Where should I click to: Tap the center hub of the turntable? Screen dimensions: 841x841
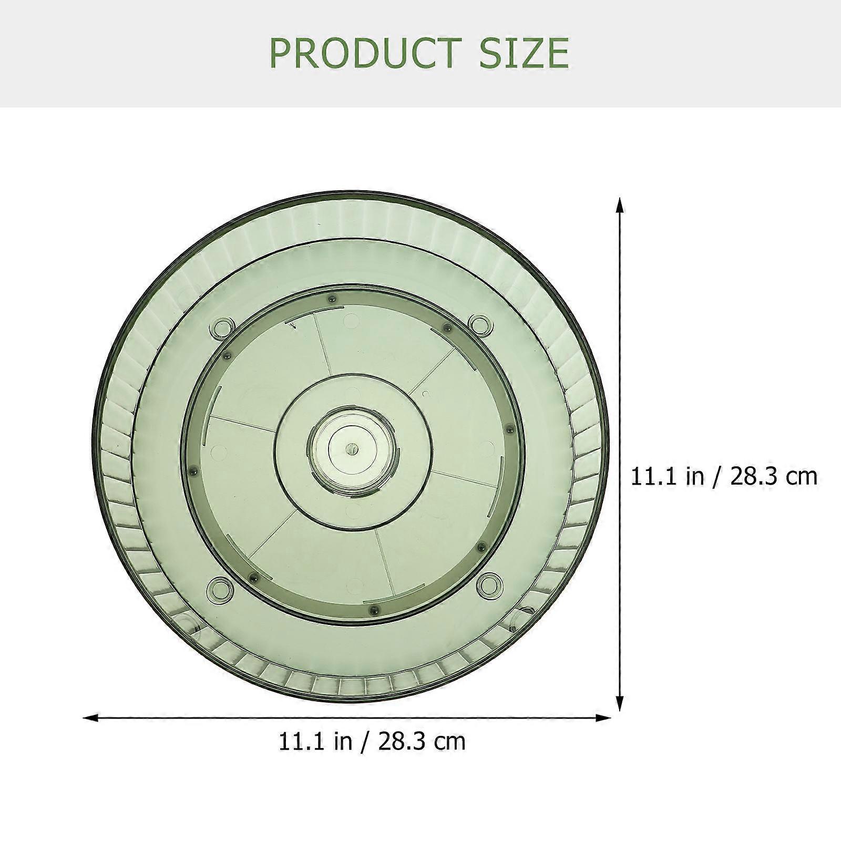tap(350, 448)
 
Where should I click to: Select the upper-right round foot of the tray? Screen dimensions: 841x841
tap(479, 324)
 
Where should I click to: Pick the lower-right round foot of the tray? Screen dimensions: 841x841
tap(489, 583)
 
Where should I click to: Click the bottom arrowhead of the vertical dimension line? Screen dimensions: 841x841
tap(620, 703)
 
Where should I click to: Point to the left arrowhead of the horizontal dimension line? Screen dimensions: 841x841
tap(92, 717)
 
